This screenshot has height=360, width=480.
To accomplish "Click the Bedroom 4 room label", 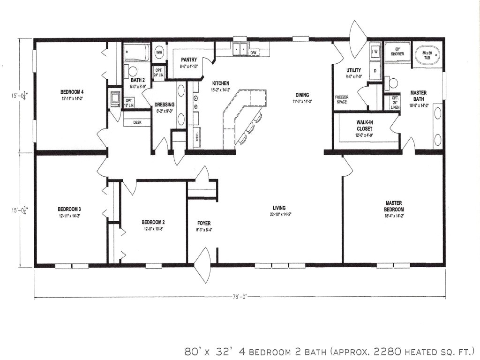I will [x=72, y=91].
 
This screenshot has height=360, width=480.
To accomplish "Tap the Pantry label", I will [x=189, y=60].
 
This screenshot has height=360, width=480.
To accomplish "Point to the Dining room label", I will [x=302, y=95].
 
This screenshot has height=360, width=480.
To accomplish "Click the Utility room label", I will [x=353, y=70].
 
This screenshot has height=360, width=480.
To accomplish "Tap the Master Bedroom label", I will [x=394, y=206].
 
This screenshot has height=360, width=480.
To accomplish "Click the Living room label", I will [x=279, y=208].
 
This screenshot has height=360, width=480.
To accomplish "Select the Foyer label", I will [x=204, y=223].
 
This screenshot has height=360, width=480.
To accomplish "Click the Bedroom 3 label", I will [x=70, y=209].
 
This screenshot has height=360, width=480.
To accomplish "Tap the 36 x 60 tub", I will [x=428, y=56].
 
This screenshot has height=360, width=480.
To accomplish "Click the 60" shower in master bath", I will [x=397, y=52].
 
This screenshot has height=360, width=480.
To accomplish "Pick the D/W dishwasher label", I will [x=253, y=53].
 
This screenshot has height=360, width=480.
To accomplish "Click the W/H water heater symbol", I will [x=159, y=52].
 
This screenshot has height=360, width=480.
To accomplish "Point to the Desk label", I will [x=137, y=122].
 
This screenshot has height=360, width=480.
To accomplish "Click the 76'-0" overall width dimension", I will [x=239, y=296].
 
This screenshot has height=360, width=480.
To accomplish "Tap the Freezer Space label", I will [x=341, y=99].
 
